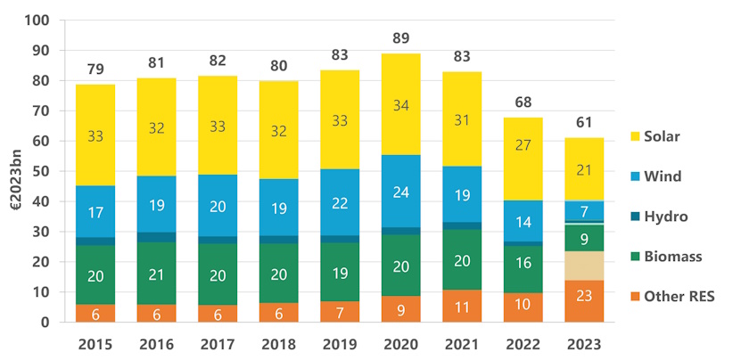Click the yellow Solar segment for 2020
pos(400,104)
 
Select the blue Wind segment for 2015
pos(95,212)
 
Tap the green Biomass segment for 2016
pos(156,274)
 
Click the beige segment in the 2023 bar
pos(583,264)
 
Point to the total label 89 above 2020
pos(400,37)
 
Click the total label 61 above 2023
pos(583,122)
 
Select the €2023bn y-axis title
pos(14,171)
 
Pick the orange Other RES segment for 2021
pos(461,306)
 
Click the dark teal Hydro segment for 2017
pos(218,240)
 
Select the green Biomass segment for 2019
pos(340,272)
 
